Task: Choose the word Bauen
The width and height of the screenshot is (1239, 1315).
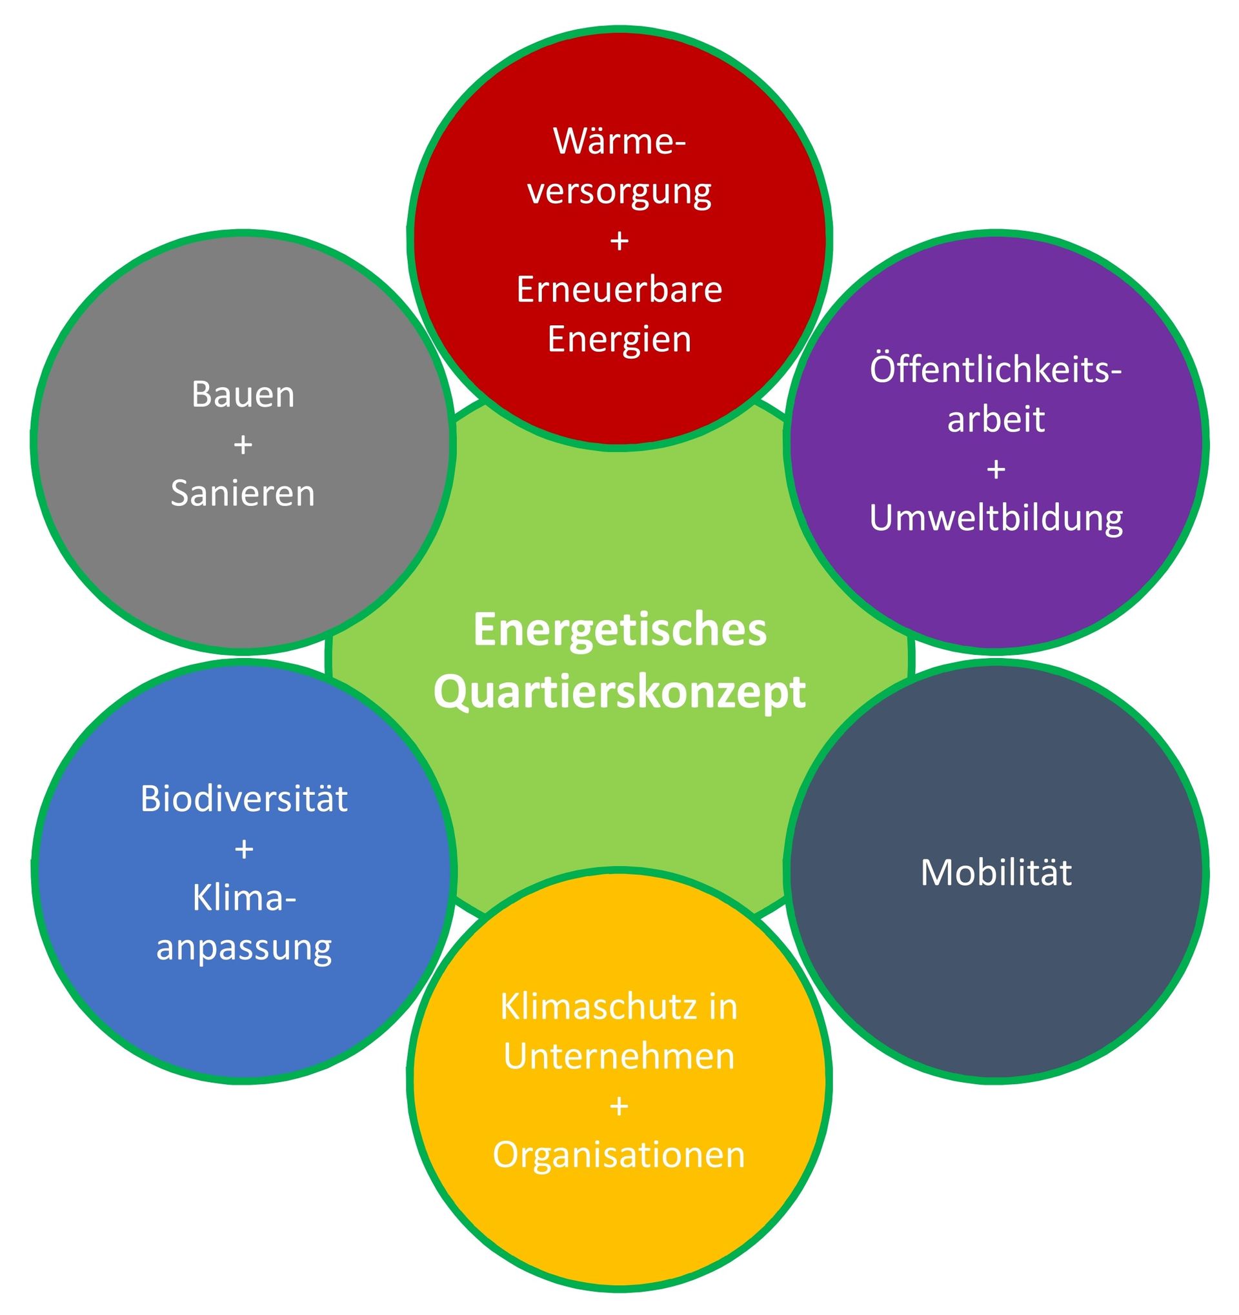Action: click(243, 395)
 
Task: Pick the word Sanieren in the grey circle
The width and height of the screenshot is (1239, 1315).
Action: click(243, 494)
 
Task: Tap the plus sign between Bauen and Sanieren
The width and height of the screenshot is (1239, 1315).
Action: click(243, 445)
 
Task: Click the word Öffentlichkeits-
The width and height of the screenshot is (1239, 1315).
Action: click(996, 370)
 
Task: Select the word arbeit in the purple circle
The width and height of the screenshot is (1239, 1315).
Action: click(996, 419)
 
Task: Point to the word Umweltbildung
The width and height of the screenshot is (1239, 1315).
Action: click(996, 518)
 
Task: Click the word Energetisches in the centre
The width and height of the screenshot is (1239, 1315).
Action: click(620, 630)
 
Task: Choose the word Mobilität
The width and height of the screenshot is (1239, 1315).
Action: click(996, 872)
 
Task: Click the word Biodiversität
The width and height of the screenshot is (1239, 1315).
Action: click(244, 799)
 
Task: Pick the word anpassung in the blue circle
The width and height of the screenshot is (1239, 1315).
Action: click(244, 948)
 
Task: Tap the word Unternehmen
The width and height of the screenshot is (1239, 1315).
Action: click(619, 1056)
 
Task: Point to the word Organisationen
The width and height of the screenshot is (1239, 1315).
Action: click(619, 1155)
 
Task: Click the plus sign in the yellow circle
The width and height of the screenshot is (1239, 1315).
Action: click(619, 1106)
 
